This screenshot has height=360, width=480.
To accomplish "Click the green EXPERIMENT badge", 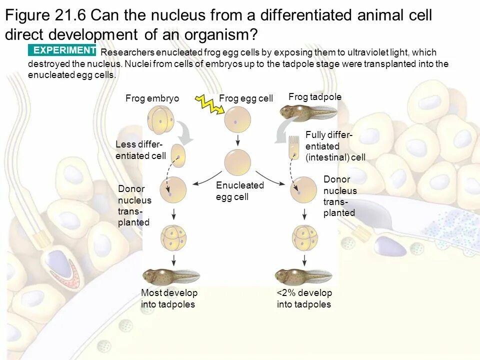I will click(62, 50).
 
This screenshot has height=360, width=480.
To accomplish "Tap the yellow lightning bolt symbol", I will click(206, 102).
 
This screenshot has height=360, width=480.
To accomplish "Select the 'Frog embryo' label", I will click(152, 98).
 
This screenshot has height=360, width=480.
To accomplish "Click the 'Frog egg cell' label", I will click(246, 98).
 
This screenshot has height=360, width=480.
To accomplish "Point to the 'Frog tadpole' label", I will click(315, 97).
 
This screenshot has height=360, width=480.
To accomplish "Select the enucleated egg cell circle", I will click(237, 162).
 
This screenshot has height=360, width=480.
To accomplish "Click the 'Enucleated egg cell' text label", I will click(239, 191).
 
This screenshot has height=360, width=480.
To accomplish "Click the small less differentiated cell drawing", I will click(178, 155).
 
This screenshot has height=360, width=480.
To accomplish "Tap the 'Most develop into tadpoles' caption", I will click(169, 298).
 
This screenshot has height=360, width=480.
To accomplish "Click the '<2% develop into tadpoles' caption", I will click(304, 298).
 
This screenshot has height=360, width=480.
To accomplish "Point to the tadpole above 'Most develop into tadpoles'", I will click(170, 275).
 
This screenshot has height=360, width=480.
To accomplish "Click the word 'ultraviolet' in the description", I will click(332, 52).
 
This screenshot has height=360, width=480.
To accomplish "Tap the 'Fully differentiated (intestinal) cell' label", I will click(335, 146).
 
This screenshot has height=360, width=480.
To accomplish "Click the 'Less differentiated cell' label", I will click(140, 150).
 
